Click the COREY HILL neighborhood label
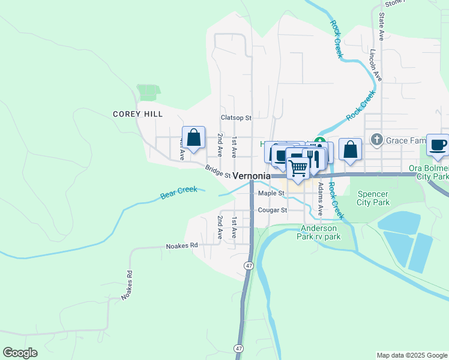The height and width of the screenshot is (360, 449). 137,114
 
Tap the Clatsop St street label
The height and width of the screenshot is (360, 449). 235,118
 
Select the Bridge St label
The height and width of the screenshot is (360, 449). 218,171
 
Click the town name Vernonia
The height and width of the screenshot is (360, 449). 251,176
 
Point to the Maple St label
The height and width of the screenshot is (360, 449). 270,193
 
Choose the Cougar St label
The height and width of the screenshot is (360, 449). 273,211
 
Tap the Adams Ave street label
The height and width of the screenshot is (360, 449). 321,200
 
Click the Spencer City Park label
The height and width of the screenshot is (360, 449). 373,198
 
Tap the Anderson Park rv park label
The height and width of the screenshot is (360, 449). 319,232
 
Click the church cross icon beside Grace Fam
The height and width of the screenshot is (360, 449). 376,140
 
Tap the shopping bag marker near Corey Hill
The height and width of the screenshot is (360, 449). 194,138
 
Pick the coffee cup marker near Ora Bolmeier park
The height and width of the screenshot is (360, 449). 438,145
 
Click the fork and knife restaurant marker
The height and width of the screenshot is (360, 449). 313,158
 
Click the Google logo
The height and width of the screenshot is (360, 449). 20,353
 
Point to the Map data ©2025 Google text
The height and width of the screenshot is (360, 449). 412,355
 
